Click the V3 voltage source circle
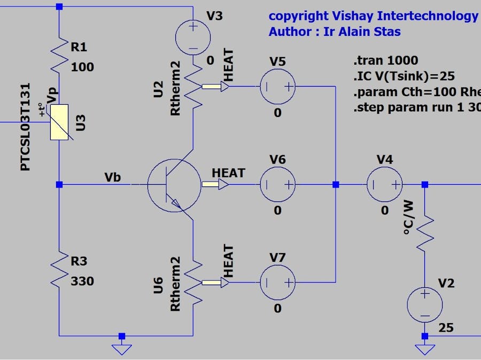click(x=192, y=36)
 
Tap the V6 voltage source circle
click(x=277, y=185)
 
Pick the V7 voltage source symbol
click(x=277, y=283)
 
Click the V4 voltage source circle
click(x=384, y=185)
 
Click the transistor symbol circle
click(x=175, y=185)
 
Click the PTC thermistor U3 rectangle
click(x=59, y=122)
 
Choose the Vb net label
click(x=113, y=177)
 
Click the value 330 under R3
click(x=82, y=281)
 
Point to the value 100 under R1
click(x=82, y=67)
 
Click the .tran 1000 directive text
click(x=386, y=60)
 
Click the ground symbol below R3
click(x=122, y=348)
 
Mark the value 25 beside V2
click(x=446, y=327)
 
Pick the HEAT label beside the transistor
click(x=228, y=173)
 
